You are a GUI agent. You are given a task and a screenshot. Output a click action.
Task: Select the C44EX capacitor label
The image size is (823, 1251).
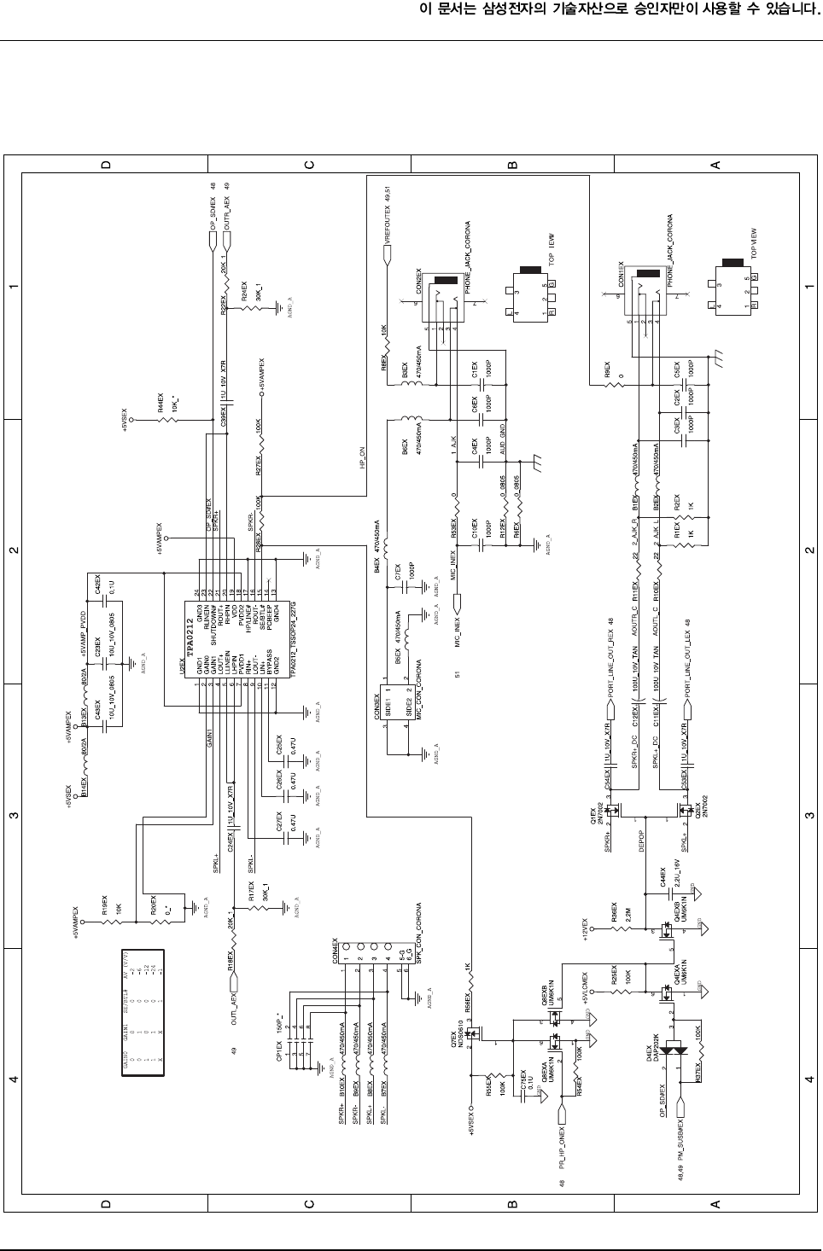(x=662, y=878)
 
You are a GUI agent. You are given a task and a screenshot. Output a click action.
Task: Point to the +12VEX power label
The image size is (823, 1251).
(x=585, y=928)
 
